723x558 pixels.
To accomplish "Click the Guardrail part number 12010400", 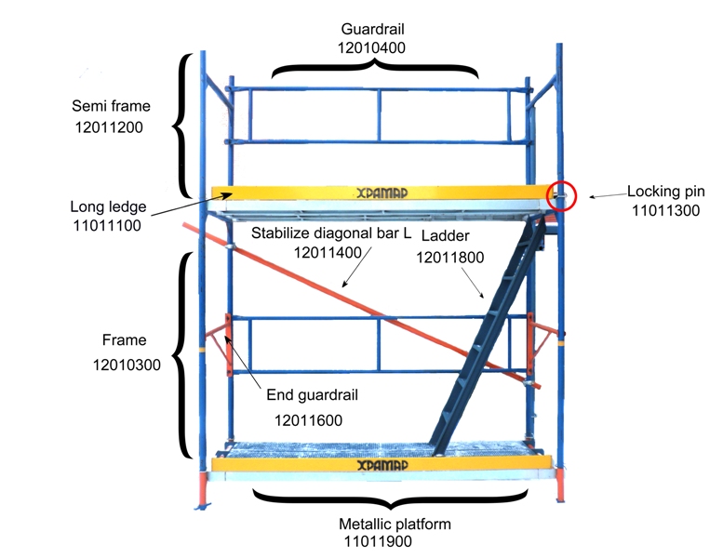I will (373, 46).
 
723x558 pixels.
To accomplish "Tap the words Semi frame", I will (111, 106).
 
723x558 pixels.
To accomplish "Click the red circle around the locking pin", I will (563, 194).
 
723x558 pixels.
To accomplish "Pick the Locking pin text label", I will (665, 192).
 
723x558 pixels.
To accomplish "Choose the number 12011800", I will (449, 258).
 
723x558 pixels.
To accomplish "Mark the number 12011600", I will (308, 420).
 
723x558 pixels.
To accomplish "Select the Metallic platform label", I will (395, 524).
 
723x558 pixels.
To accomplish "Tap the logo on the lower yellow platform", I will (382, 464).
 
